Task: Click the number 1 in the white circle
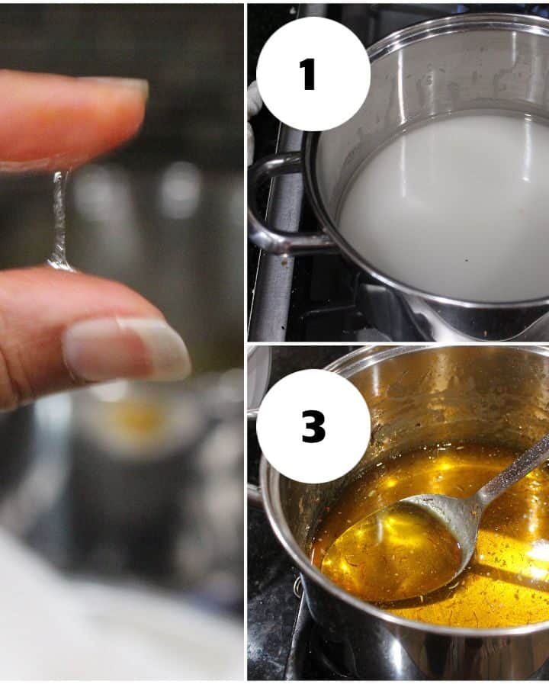click(x=308, y=75)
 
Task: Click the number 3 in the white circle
click(x=313, y=426)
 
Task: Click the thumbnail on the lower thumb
click(x=127, y=348)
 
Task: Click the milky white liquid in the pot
click(x=441, y=210)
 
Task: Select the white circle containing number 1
click(x=313, y=74)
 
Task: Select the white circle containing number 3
click(x=313, y=426)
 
